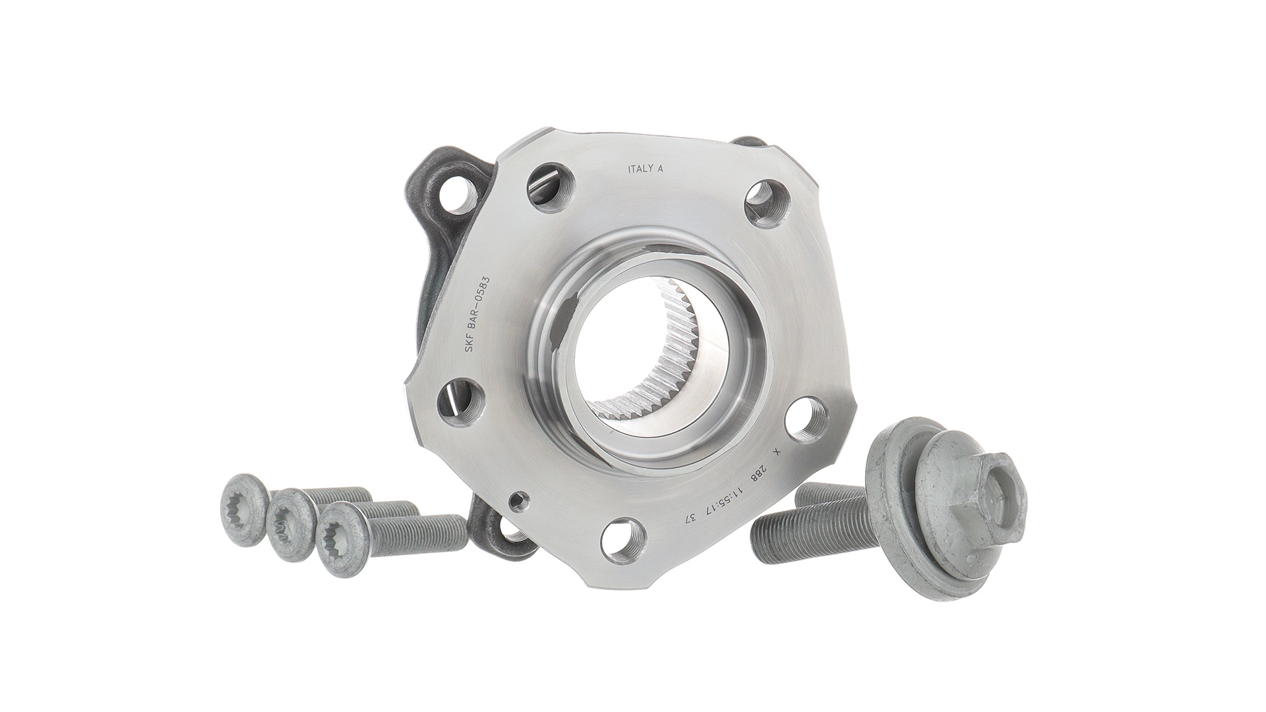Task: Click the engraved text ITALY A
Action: click(x=644, y=168)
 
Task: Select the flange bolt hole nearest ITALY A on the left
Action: click(x=549, y=189)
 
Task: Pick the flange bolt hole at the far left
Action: click(x=460, y=401)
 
